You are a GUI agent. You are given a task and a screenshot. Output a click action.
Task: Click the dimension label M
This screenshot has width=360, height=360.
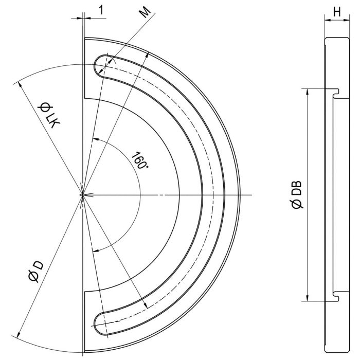pos(146,11)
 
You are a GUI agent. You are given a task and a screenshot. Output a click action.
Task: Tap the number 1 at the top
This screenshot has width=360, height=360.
pos(101,10)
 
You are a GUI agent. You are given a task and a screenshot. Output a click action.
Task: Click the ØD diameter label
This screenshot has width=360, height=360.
pos(36,271)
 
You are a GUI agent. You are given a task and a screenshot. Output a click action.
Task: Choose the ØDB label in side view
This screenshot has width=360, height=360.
pos(297,194)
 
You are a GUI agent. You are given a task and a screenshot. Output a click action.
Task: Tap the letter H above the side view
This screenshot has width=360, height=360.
pos(337,12)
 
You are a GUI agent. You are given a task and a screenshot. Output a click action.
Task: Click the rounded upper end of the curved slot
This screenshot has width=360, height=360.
pos(98,66)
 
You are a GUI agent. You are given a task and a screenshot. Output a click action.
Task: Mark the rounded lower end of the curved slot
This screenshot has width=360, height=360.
pos(99,324)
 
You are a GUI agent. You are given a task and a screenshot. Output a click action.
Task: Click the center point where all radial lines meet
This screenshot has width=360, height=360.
pos(82,195)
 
